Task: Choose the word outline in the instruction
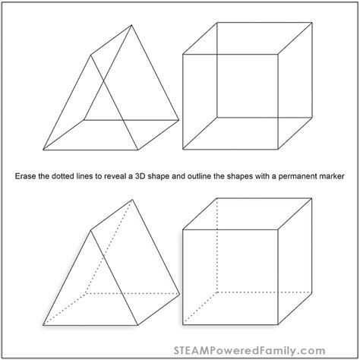(227, 175)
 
